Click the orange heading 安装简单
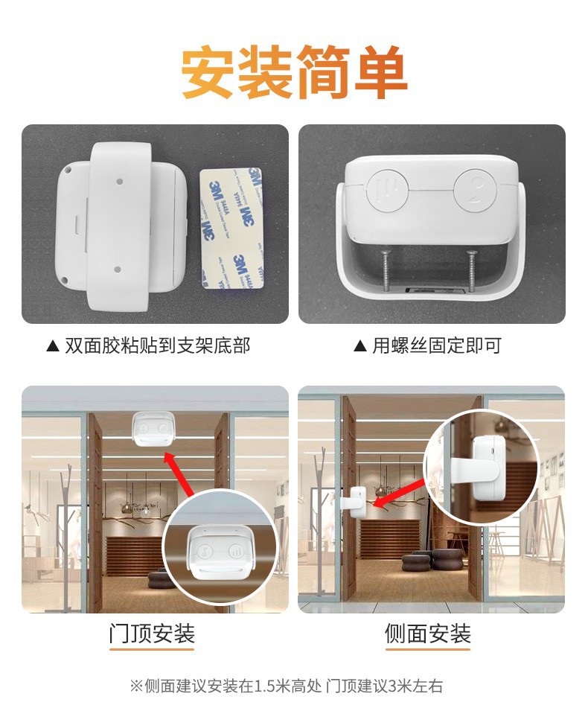click(x=294, y=71)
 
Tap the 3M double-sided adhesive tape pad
click(x=231, y=228)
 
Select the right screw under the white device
click(x=471, y=271)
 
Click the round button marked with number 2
click(x=476, y=191)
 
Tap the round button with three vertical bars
click(x=387, y=191)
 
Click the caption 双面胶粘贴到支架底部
click(x=157, y=345)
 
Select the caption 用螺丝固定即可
click(x=436, y=345)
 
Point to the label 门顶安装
click(x=152, y=634)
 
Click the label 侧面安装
click(x=427, y=634)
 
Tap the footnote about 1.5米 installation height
click(x=287, y=686)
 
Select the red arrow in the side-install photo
click(x=400, y=493)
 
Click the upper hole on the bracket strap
click(x=120, y=181)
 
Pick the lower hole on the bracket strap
click(x=118, y=270)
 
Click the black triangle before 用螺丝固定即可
click(x=359, y=346)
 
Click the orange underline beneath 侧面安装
click(x=427, y=650)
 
